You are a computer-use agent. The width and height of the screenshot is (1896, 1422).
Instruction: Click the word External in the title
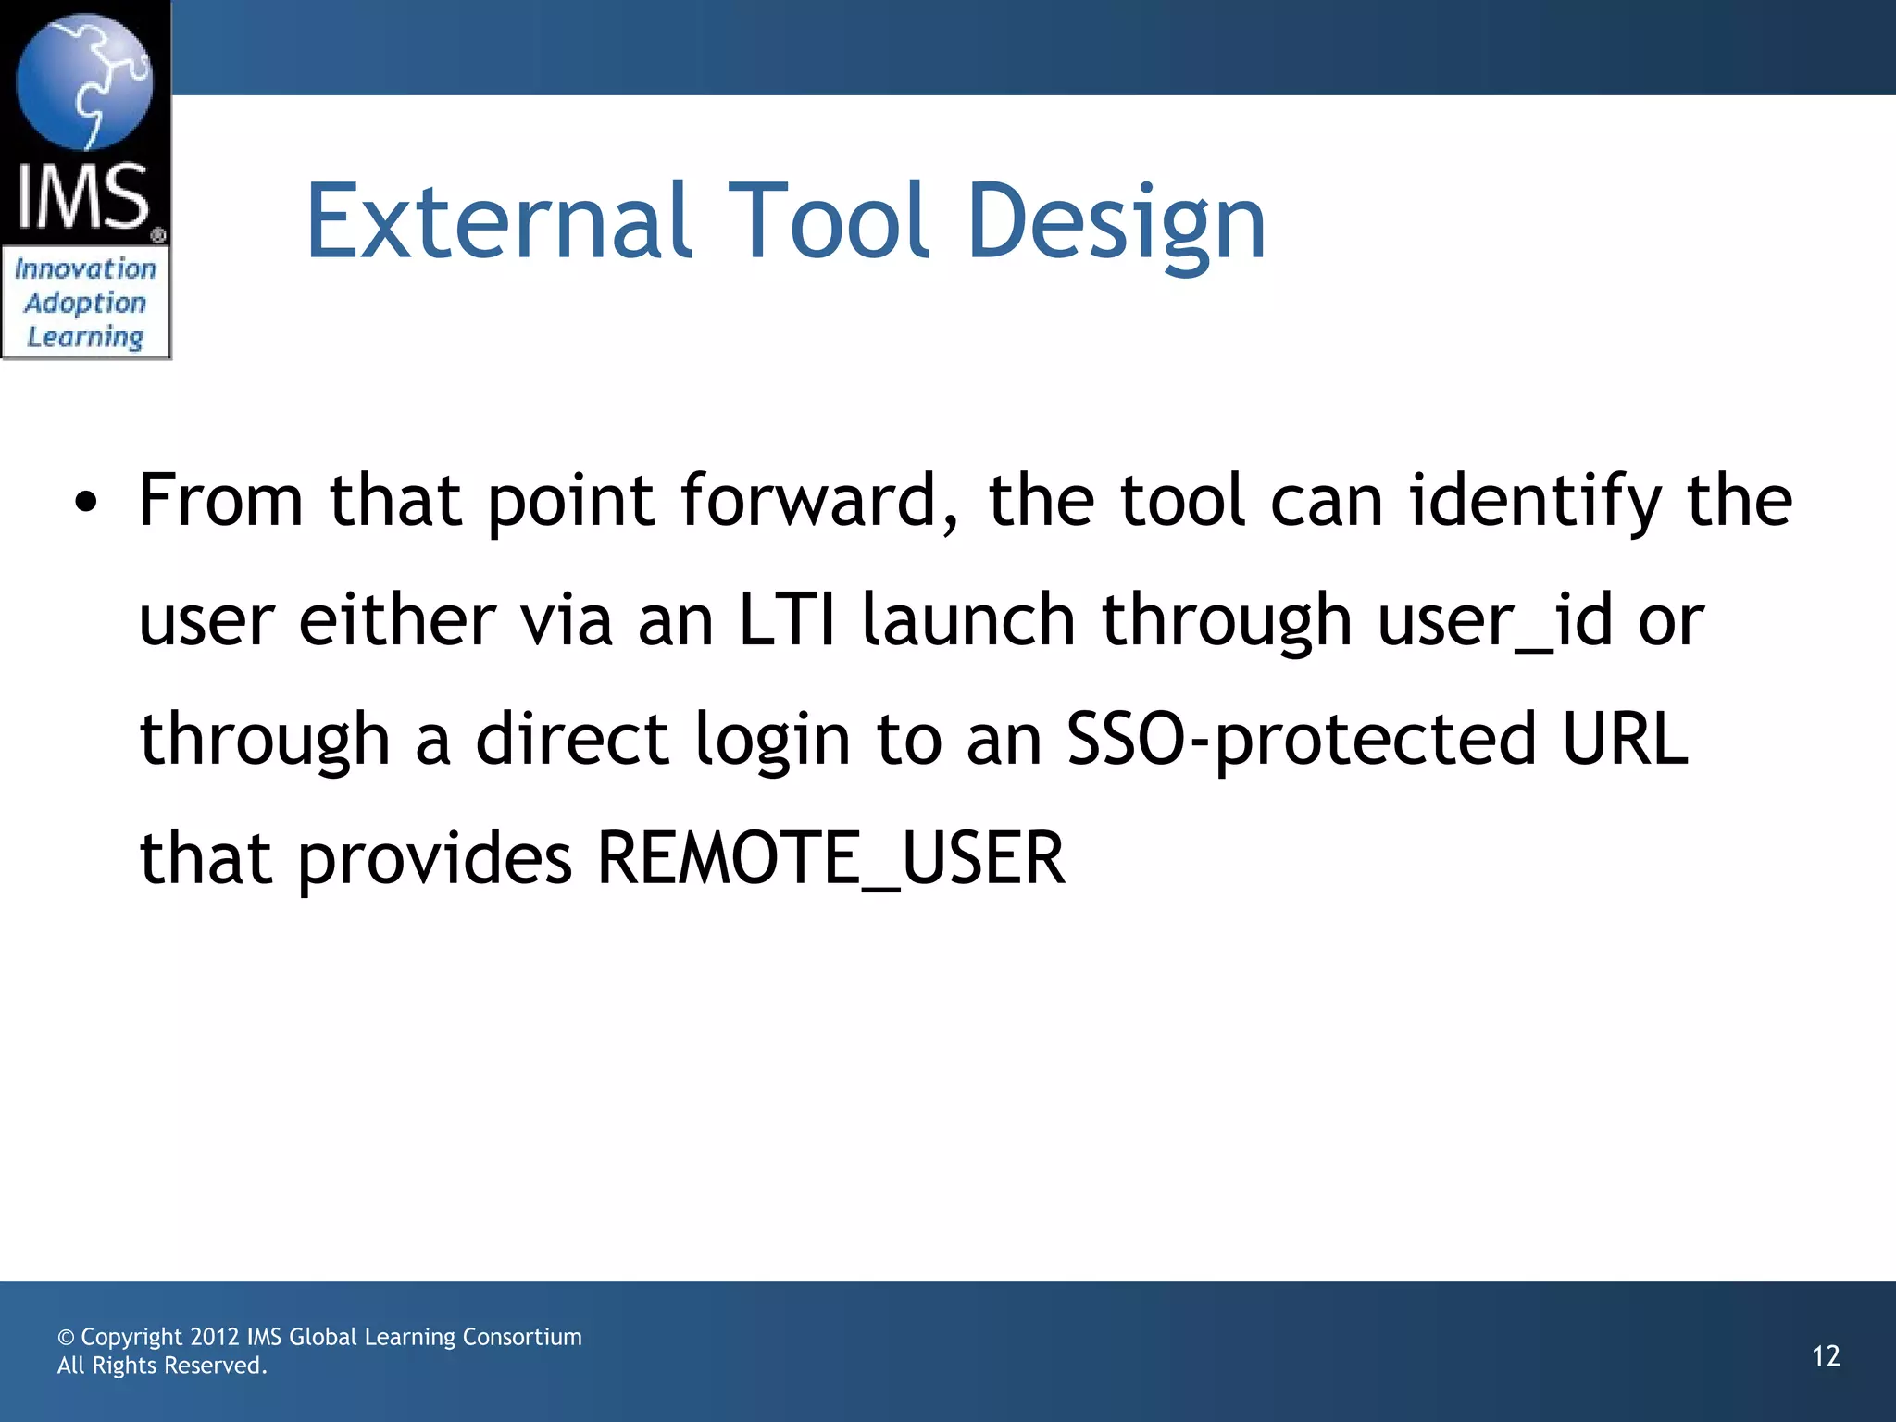point(498,222)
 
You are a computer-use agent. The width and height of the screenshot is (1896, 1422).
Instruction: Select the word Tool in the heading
point(829,222)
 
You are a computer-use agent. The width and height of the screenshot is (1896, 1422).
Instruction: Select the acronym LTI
point(787,620)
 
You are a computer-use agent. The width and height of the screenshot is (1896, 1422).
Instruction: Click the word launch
point(968,620)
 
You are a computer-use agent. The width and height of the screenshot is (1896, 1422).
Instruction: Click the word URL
point(1625,740)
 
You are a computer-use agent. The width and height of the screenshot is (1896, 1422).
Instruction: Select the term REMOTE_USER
point(830,858)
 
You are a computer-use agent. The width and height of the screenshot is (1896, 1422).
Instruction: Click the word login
point(772,740)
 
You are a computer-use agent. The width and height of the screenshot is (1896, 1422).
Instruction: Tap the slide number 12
point(1826,1356)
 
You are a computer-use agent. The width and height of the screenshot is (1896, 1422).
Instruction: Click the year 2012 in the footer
point(215,1337)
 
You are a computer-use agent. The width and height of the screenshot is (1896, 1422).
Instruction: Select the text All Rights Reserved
point(162,1366)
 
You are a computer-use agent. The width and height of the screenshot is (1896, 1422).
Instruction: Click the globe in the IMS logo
point(85,81)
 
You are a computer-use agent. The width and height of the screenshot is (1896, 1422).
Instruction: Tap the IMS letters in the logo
point(83,196)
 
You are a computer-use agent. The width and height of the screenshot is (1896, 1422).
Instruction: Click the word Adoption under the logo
point(85,303)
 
